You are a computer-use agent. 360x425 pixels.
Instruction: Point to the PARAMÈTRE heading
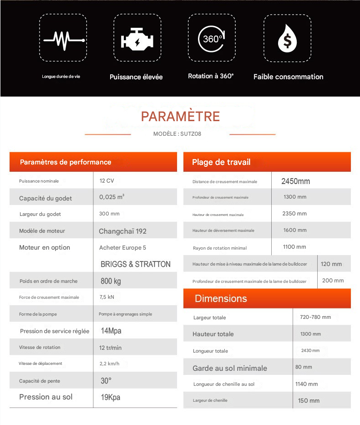click(180, 117)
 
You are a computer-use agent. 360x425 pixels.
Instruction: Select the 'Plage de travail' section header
click(221, 162)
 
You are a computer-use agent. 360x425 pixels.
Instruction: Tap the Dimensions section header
click(221, 298)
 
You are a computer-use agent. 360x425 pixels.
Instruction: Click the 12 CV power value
click(107, 181)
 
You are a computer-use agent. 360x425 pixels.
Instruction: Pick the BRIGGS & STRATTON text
click(136, 264)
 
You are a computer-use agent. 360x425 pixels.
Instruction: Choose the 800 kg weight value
click(111, 281)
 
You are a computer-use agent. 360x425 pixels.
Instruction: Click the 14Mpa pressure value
click(111, 331)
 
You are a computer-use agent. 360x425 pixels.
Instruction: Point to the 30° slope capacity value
click(106, 380)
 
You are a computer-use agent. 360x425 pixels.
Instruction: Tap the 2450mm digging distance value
click(295, 181)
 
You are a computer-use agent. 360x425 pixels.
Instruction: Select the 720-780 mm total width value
click(315, 317)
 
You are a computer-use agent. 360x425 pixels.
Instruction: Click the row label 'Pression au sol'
click(46, 397)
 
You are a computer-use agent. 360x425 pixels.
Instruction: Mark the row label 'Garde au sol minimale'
click(230, 368)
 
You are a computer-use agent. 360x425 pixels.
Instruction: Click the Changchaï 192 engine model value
click(122, 231)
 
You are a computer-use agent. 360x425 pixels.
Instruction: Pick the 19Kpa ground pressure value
click(111, 397)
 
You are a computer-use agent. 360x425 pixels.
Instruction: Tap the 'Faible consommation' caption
click(288, 77)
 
